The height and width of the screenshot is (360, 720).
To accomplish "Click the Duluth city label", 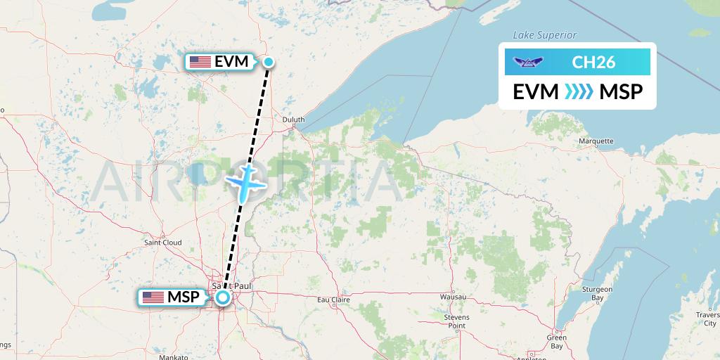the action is [x=293, y=120].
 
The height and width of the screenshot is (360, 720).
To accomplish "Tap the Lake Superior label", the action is [x=544, y=35].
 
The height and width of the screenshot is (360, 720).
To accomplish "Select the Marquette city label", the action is [x=596, y=141].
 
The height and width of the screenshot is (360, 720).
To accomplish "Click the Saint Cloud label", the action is [x=162, y=243].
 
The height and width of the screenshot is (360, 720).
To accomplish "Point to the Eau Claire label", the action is [x=334, y=300].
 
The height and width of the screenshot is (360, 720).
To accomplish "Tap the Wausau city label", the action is [x=454, y=297].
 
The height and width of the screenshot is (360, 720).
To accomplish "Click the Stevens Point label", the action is [x=456, y=321].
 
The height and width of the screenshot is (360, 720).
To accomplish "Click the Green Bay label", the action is [x=557, y=342].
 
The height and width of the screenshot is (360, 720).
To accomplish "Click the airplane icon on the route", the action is [x=245, y=181].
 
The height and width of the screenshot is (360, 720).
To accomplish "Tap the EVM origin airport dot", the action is [x=269, y=62].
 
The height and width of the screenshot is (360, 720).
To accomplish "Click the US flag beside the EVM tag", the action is [x=200, y=62].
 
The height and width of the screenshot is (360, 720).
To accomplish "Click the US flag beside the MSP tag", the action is [x=153, y=297].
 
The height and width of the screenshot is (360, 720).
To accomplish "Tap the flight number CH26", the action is [x=593, y=63].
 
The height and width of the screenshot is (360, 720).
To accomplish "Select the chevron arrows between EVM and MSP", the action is [x=579, y=92].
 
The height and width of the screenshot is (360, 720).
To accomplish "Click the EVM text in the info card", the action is [x=536, y=92].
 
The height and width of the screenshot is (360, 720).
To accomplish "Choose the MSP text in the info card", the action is [x=621, y=92].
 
